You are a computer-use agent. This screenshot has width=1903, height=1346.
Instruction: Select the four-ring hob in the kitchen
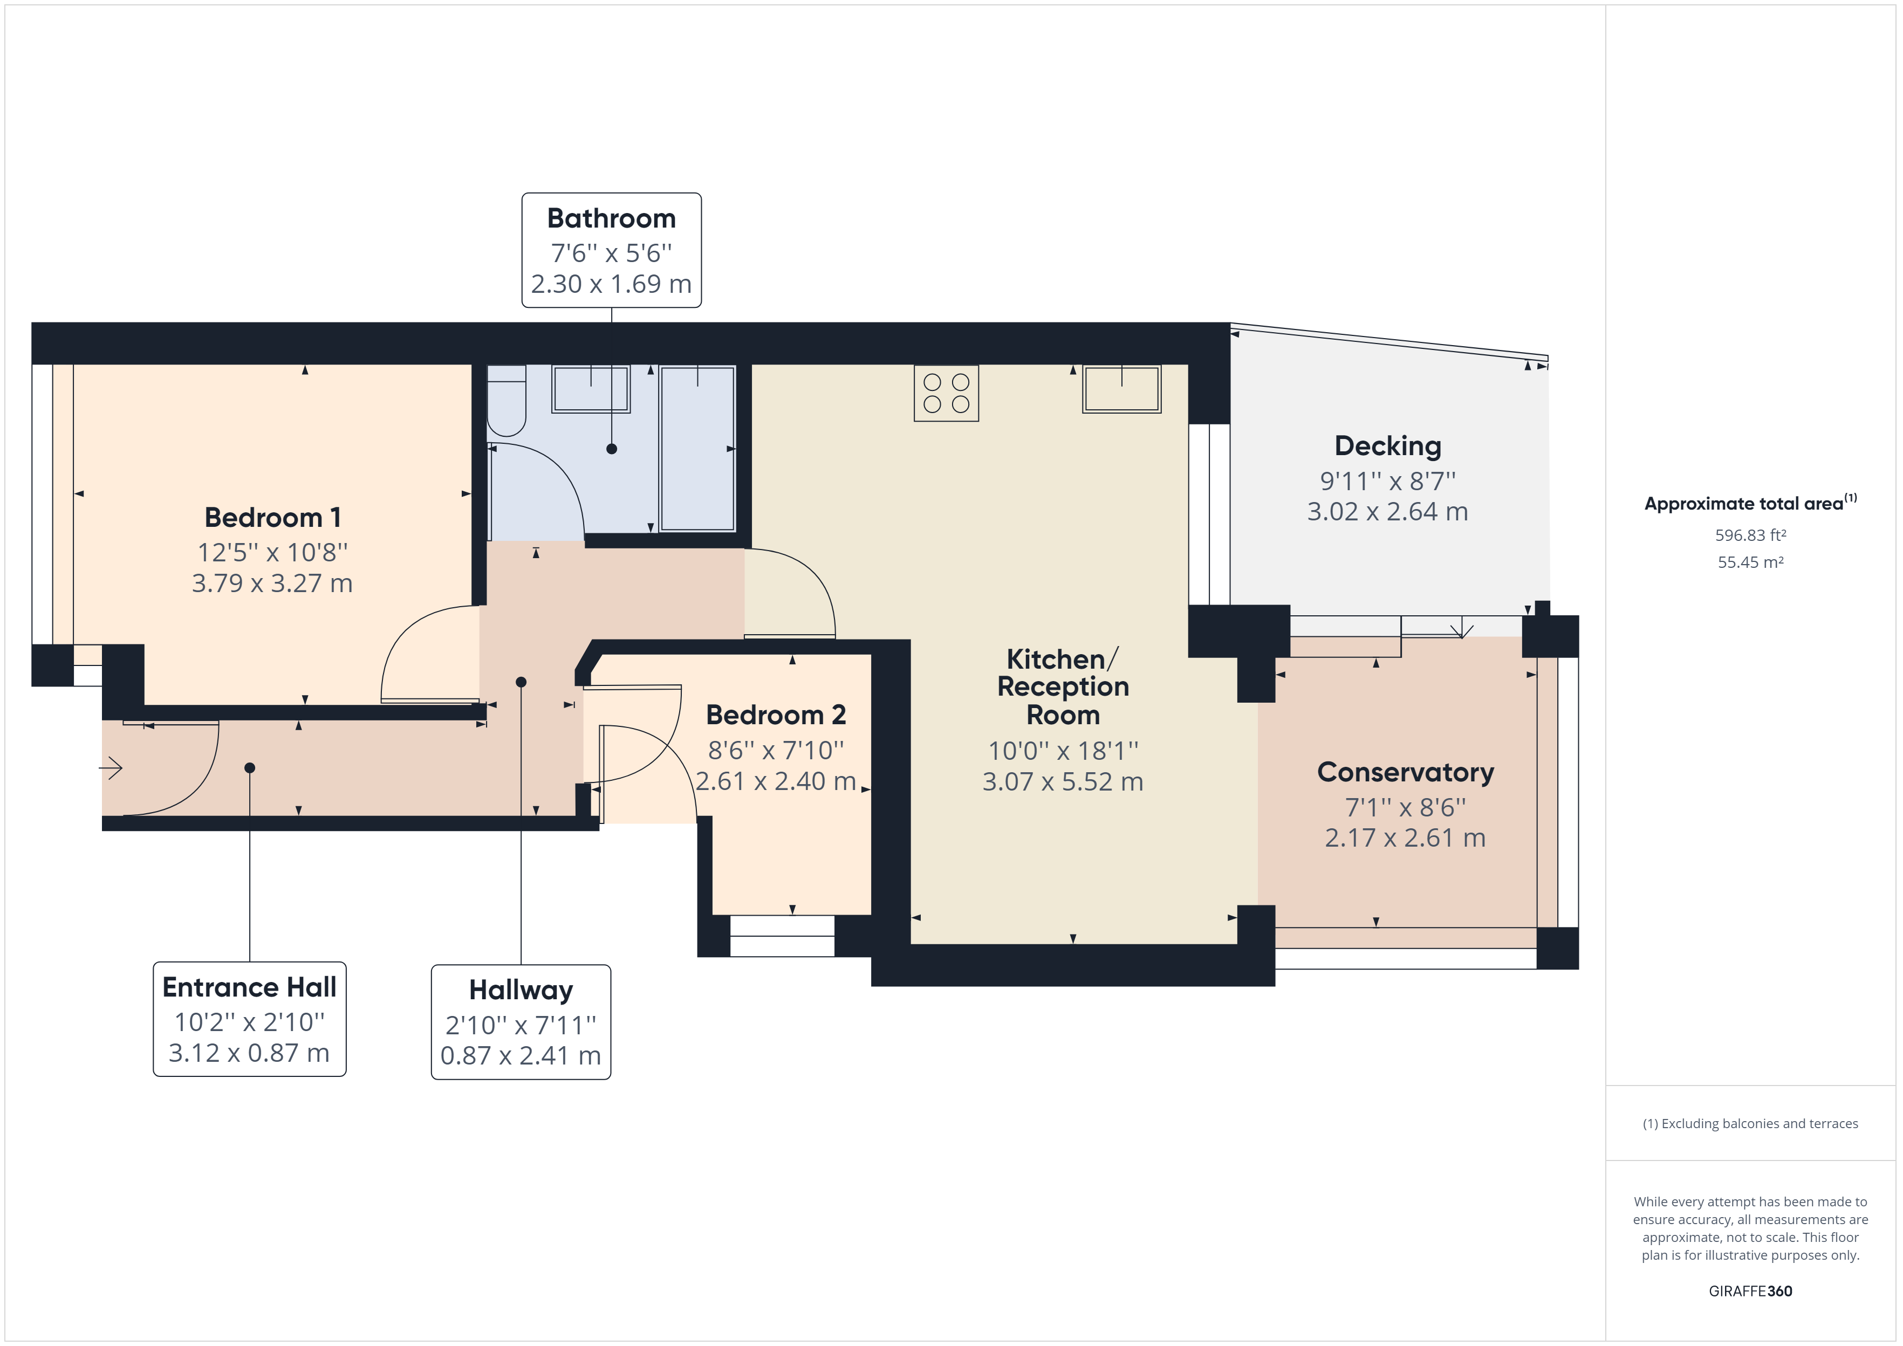pyautogui.click(x=946, y=393)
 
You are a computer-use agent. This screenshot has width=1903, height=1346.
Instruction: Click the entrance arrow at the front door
pyautogui.click(x=111, y=767)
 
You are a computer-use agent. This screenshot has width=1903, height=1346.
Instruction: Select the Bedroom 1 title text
pyautogui.click(x=273, y=517)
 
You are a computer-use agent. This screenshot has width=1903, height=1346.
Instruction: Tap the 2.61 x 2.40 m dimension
pyautogui.click(x=775, y=781)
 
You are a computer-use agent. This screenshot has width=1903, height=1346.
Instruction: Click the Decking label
pyautogui.click(x=1387, y=446)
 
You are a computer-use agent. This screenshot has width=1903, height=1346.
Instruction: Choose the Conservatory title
pyautogui.click(x=1405, y=772)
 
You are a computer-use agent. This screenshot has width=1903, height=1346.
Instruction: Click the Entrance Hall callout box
pyautogui.click(x=250, y=1019)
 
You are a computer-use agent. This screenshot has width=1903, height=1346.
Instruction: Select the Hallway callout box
pyautogui.click(x=521, y=1022)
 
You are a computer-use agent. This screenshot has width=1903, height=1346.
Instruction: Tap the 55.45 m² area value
pyautogui.click(x=1750, y=562)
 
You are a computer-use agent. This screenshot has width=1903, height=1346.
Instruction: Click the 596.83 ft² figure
pyautogui.click(x=1750, y=535)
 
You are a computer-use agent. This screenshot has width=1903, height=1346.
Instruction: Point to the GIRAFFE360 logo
pyautogui.click(x=1750, y=1290)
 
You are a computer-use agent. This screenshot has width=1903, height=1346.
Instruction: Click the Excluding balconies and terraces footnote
pyautogui.click(x=1750, y=1123)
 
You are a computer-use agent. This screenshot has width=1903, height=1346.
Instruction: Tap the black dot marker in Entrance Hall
pyautogui.click(x=250, y=767)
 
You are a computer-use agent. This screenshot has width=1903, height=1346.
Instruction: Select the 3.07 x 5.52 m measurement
pyautogui.click(x=1063, y=781)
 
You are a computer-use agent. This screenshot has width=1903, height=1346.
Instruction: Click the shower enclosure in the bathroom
pyautogui.click(x=697, y=448)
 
